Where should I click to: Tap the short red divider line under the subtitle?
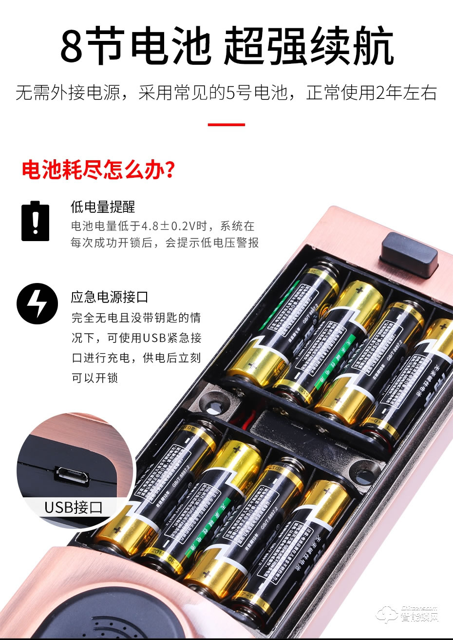click(x=226, y=125)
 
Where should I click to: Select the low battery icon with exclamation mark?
click(x=35, y=221)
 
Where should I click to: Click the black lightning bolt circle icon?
click(x=37, y=303)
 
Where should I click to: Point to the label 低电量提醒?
click(x=103, y=207)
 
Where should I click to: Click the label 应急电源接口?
click(x=109, y=297)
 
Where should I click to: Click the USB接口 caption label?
click(x=74, y=508)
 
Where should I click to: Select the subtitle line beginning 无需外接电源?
click(x=226, y=93)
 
